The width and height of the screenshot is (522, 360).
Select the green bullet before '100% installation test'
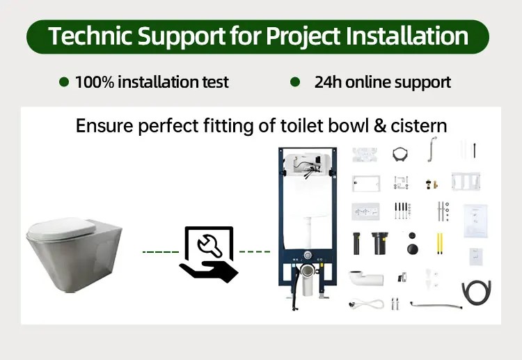pos(64,82)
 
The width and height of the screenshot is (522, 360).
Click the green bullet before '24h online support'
pos(295,82)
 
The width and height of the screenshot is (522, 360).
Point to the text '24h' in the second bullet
pos(328,82)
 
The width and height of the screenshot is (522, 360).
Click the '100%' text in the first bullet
pos(94,82)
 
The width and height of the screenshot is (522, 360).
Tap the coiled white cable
pos(367,304)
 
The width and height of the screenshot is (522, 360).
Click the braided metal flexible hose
pos(436,303)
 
